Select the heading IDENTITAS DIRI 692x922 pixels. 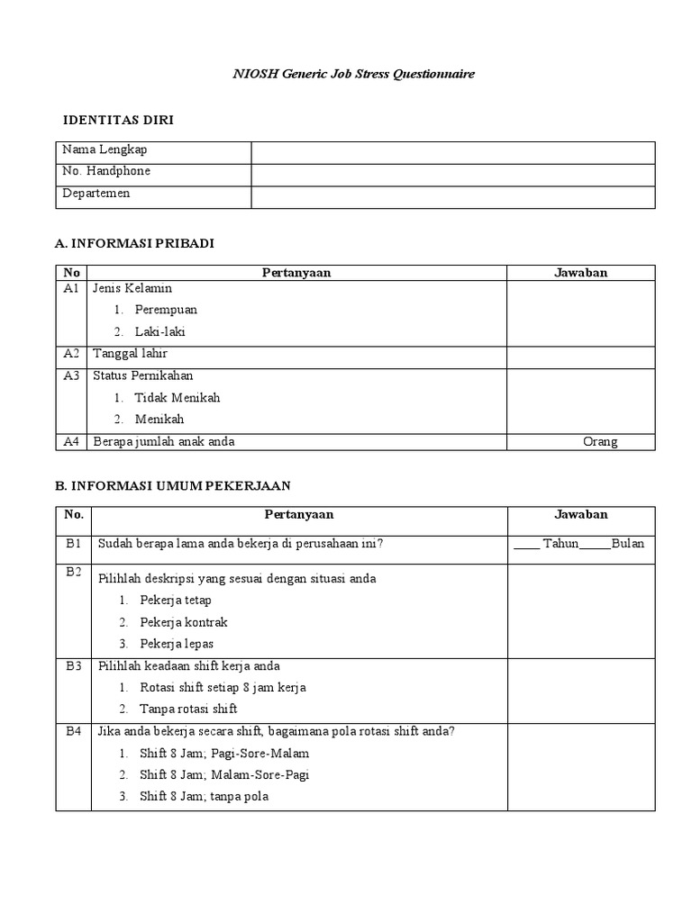tap(118, 120)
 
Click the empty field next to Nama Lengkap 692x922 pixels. tap(452, 152)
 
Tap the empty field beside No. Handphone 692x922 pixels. tap(452, 175)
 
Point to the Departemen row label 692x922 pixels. tap(96, 194)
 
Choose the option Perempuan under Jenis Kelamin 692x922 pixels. tap(166, 310)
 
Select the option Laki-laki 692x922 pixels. tap(159, 331)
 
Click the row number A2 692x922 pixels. tap(72, 354)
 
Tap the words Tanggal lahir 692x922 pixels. tap(130, 354)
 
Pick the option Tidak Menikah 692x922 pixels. tap(177, 397)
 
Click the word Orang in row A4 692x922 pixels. tap(600, 441)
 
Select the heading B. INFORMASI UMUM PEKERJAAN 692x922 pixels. tap(172, 485)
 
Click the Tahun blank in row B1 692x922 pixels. tap(527, 544)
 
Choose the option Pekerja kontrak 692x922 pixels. tap(184, 622)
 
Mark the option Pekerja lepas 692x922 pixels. tap(177, 644)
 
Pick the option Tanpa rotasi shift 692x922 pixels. tap(188, 709)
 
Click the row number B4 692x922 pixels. tap(73, 731)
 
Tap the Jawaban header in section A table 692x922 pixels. tap(580, 273)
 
